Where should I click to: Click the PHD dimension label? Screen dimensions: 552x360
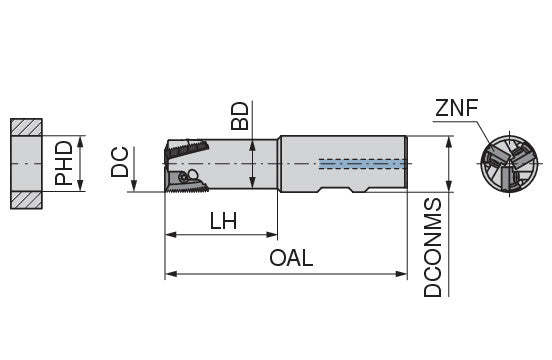point(64,163)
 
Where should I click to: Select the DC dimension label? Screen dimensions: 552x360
point(120,162)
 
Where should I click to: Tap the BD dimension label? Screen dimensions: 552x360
point(240,116)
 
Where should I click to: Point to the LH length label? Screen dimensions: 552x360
point(224,221)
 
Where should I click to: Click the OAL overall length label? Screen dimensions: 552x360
point(291,258)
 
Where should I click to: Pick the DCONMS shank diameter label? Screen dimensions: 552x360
point(432,248)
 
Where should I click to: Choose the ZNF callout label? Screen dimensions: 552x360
point(457,108)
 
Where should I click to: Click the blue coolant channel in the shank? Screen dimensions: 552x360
point(363,164)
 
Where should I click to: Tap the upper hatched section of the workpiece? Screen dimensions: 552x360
point(26,127)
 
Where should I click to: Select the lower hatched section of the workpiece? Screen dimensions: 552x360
point(26,200)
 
